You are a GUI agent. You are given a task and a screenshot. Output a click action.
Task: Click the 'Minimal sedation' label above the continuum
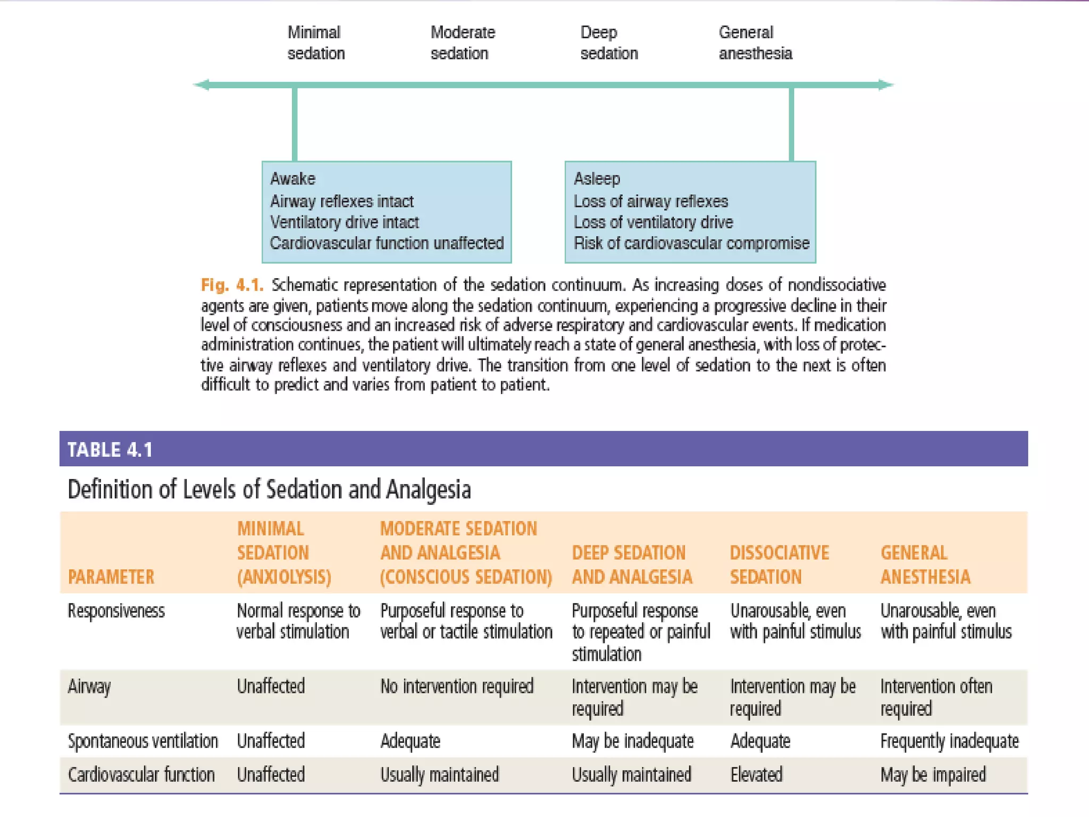[x=316, y=43]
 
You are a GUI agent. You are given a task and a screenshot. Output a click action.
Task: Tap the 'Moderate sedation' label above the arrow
[x=462, y=43]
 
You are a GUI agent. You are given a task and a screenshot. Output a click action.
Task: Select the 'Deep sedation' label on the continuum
[x=608, y=43]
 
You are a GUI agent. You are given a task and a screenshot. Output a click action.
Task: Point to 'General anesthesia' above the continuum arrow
[x=755, y=43]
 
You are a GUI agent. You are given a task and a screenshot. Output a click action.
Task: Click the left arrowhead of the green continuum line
[x=202, y=85]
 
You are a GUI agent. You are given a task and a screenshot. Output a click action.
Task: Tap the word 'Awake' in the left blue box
[x=292, y=179]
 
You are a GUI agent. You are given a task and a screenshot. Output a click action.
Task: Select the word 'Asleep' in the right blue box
[x=597, y=179]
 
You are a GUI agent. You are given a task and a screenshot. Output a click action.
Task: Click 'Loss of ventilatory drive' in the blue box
[x=653, y=222]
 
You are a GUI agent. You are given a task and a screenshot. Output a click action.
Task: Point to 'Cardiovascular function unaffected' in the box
[x=387, y=243]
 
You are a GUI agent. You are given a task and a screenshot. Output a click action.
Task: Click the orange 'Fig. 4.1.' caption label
[x=232, y=285]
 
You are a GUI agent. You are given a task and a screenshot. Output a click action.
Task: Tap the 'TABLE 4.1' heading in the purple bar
[x=110, y=449]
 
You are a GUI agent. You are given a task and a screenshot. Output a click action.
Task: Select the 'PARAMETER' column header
[x=111, y=577]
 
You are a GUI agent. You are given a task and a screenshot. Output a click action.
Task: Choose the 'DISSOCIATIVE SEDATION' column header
[x=779, y=565]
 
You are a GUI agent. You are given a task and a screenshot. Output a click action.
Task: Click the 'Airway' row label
[x=89, y=687]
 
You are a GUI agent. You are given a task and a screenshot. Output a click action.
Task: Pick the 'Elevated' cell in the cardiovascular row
[x=756, y=774]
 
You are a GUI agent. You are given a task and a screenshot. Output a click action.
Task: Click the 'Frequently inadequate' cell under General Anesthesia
[x=949, y=741]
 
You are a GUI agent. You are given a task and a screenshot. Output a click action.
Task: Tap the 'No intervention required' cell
[x=456, y=687]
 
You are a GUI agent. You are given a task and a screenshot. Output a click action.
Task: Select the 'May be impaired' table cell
[x=933, y=774]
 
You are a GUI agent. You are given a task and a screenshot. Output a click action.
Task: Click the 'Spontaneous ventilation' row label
[x=143, y=741]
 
